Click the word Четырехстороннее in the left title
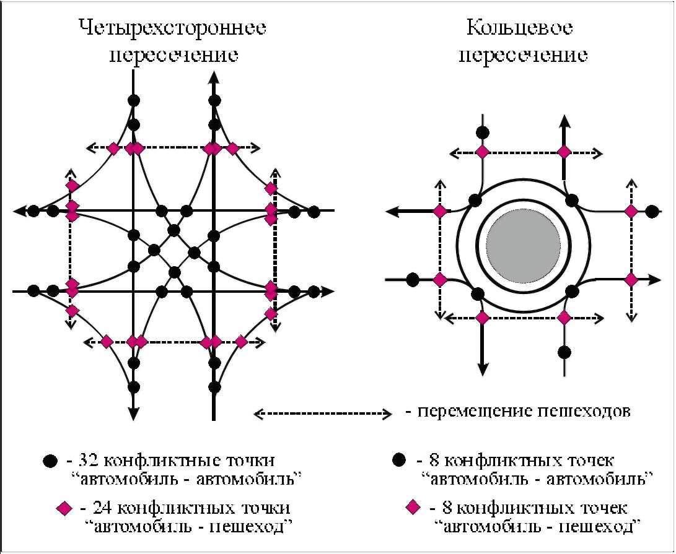(x=173, y=28)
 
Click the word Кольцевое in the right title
(x=519, y=28)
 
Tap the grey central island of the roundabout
(x=523, y=245)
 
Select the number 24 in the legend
(x=103, y=508)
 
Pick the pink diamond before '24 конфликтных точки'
(x=63, y=508)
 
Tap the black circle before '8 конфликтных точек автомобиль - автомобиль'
(x=399, y=461)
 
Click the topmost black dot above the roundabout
(x=482, y=132)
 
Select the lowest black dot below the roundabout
(x=563, y=352)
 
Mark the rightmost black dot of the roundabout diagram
(x=651, y=211)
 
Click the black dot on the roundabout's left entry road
(x=411, y=279)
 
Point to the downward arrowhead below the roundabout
(x=482, y=370)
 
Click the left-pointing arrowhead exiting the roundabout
(x=392, y=212)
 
